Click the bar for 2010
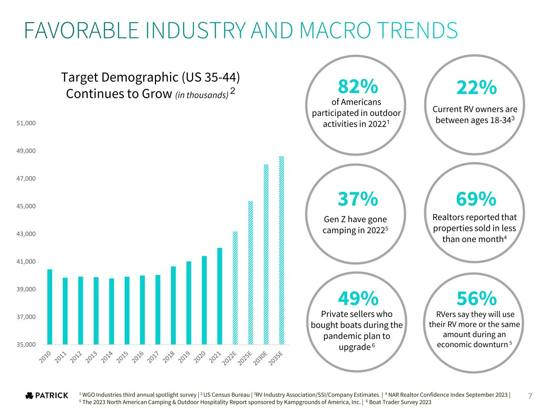pyautogui.click(x=49, y=307)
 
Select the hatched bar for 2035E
pyautogui.click(x=282, y=250)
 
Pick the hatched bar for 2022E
pyautogui.click(x=235, y=288)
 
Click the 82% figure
pyautogui.click(x=358, y=86)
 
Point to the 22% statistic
pyautogui.click(x=476, y=87)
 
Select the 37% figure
pyautogui.click(x=358, y=199)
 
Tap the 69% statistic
pyautogui.click(x=476, y=199)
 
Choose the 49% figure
pyautogui.click(x=358, y=298)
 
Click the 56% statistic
pyautogui.click(x=476, y=298)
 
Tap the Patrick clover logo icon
pyautogui.click(x=29, y=396)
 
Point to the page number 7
pyautogui.click(x=530, y=396)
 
